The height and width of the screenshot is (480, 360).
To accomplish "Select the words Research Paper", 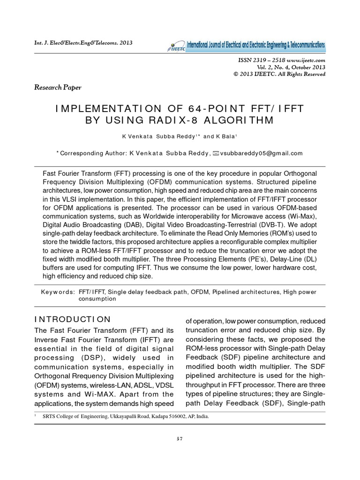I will [58, 87].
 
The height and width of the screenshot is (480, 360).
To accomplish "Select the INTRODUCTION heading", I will [73, 319].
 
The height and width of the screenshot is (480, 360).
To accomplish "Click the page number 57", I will [180, 439].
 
